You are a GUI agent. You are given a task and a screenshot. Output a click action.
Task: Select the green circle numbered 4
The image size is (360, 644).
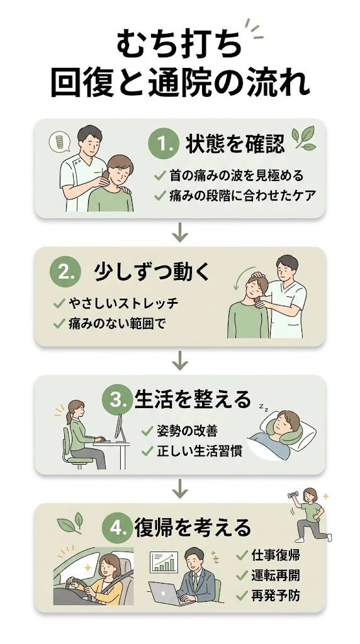click(118, 526)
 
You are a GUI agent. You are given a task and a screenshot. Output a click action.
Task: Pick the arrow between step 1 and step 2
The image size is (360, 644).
click(181, 232)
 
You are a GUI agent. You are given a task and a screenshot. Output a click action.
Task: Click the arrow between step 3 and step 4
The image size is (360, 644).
click(181, 487)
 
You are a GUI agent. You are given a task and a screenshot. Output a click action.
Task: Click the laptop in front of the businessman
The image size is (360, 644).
click(165, 594)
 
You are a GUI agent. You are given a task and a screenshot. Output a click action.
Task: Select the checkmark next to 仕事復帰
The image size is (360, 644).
click(242, 555)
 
